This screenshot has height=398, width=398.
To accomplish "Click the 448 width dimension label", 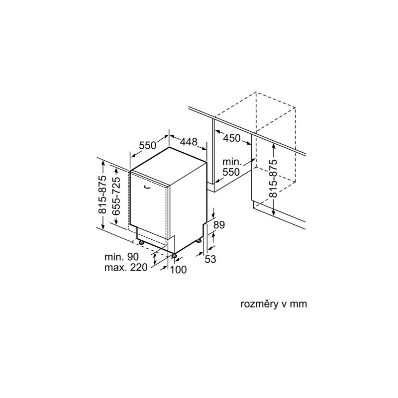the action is pos(189,141).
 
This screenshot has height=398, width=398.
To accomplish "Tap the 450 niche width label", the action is pos(231,138).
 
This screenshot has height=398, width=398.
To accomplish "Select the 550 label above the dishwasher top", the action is pos(147,145).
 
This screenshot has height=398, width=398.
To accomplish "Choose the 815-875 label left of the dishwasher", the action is pos(103,195).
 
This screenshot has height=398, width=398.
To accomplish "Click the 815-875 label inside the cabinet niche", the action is pos(273,179).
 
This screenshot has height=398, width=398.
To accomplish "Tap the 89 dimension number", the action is pos(219,225).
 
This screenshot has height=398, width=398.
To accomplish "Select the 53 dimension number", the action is pos(210,259).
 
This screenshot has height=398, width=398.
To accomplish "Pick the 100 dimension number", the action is pos(178,270).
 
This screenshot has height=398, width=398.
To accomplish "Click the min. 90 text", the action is pos(121,257).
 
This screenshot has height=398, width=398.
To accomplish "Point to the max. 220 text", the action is pos(126,267).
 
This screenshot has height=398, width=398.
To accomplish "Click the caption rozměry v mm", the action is pos(274,304).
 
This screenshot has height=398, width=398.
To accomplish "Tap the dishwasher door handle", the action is pos(146,187).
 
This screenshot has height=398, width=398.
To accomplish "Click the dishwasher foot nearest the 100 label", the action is pos(174,255).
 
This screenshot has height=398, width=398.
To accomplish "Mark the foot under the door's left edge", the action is pos(140,242).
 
